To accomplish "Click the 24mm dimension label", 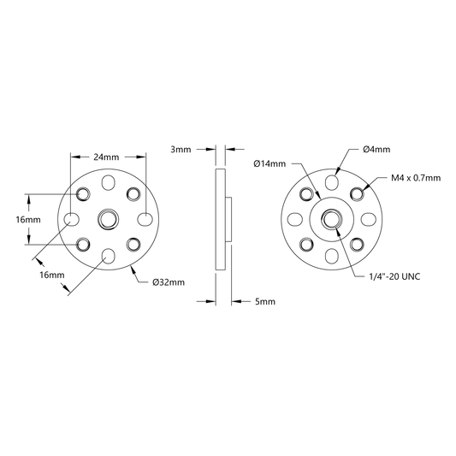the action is click(x=106, y=157).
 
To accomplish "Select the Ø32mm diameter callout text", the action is click(x=169, y=282).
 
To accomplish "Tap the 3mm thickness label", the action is click(x=181, y=150).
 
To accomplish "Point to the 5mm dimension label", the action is click(x=265, y=302).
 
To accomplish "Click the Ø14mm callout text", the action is click(x=269, y=163).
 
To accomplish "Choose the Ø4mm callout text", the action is click(x=376, y=150).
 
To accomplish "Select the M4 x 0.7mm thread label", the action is click(x=416, y=178).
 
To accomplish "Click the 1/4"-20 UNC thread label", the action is click(x=394, y=276).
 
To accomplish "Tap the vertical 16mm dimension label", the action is click(x=28, y=220).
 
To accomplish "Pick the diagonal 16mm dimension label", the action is click(x=52, y=275).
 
